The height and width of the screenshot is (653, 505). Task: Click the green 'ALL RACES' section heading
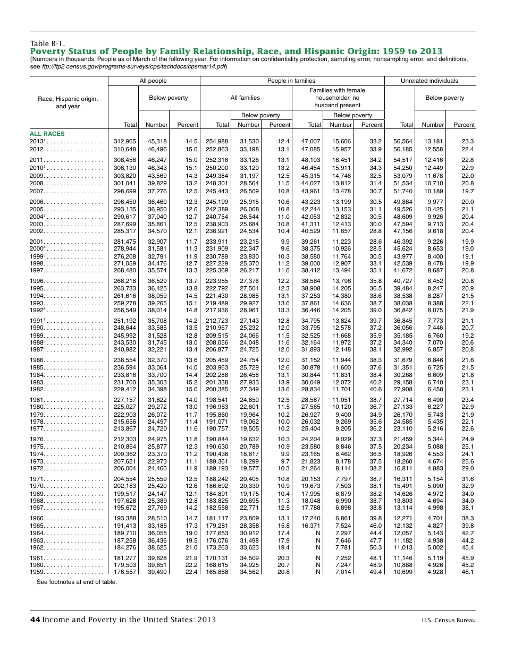tap(47, 134)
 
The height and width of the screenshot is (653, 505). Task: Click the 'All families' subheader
tap(245, 98)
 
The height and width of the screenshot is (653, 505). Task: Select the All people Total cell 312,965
tap(125, 141)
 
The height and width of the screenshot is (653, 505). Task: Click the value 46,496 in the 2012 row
tap(157, 149)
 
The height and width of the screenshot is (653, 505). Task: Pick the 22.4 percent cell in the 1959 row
tap(191, 572)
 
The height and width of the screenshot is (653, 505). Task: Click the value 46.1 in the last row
tap(468, 572)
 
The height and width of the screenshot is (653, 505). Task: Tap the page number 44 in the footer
tap(35, 620)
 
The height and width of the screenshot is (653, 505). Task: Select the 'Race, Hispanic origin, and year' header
tap(68, 102)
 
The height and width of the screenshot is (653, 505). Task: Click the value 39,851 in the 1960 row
tap(157, 564)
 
